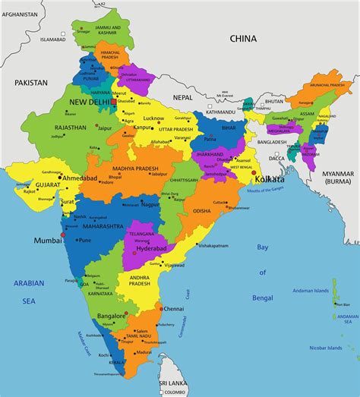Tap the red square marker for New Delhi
[114, 101]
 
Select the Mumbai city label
[47, 241]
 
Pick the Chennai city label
[174, 309]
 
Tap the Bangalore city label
[111, 315]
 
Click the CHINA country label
[245, 38]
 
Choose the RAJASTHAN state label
[71, 128]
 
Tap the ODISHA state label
[202, 210]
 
